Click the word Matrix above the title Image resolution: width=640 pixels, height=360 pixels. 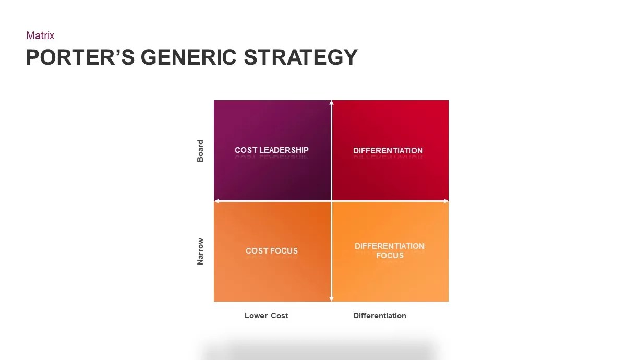tap(40, 35)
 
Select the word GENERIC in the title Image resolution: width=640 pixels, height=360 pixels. tap(189, 57)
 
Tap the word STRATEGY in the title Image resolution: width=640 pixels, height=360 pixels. tap(301, 57)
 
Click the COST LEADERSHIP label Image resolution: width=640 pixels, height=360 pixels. tap(272, 150)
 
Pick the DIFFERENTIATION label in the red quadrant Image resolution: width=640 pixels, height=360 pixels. tap(388, 151)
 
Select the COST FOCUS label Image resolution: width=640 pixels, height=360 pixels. tap(272, 251)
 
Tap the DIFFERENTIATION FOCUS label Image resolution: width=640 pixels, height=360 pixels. tap(390, 250)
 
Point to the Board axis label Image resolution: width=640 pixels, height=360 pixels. tap(200, 151)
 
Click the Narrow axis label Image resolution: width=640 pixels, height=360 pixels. tap(200, 251)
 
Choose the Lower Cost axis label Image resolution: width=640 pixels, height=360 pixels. tap(266, 316)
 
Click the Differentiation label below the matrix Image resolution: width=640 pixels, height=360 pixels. tap(379, 316)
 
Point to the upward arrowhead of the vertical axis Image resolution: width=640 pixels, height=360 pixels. tap(331, 102)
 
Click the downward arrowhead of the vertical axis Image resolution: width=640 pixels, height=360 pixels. tap(331, 299)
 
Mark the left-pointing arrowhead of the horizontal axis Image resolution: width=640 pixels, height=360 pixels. tap(216, 201)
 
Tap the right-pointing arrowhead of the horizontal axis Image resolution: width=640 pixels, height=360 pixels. tap(446, 201)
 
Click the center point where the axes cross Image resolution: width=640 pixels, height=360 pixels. tap(331, 201)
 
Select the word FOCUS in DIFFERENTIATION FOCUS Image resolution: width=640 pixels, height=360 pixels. tap(390, 256)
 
